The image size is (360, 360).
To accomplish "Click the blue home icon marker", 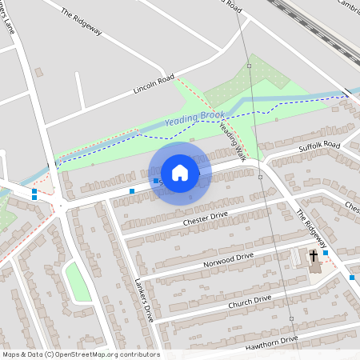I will [180, 172].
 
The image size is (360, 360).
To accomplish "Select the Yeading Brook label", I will [195, 118].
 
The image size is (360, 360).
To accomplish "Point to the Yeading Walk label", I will [232, 140].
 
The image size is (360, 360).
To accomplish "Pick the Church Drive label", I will [250, 302].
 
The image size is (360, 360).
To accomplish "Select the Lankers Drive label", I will [144, 299].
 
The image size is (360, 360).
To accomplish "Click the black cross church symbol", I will [314, 256].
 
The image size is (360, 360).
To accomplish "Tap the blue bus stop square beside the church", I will [326, 253].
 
